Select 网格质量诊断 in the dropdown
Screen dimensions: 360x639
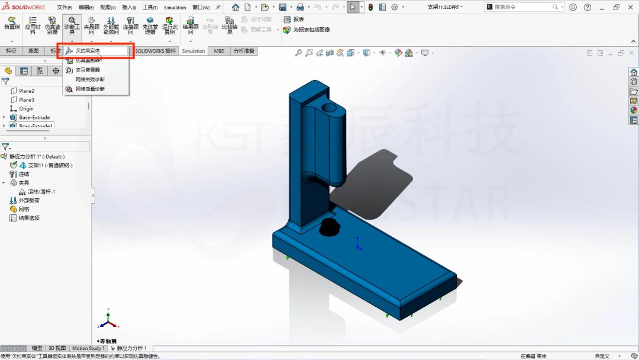90,89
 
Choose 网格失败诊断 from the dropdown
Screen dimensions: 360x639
90,79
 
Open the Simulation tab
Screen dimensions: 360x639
193,51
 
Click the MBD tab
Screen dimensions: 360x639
219,51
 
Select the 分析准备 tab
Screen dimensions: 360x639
243,51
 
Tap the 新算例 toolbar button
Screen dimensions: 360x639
12,27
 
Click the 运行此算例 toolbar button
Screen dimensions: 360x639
170,27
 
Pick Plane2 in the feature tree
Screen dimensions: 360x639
27,91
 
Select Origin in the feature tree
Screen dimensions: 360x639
26,109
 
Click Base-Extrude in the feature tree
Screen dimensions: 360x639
34,117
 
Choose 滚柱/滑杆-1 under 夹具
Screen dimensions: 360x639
41,192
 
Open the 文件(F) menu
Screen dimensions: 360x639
64,8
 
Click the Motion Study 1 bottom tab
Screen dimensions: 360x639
88,348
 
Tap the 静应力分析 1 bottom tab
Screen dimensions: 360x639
131,348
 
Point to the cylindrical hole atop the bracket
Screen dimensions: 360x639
330,110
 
